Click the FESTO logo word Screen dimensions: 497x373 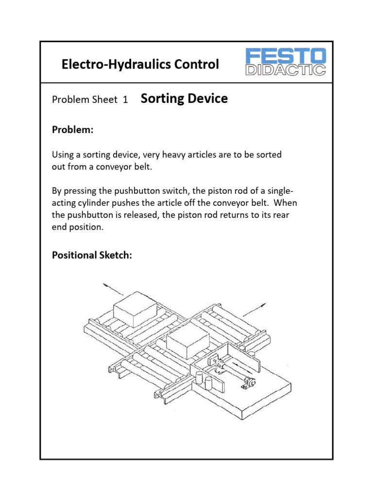pyautogui.click(x=286, y=55)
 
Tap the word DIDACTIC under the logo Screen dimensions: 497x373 pyautogui.click(x=286, y=70)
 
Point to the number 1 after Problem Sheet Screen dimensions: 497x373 pyautogui.click(x=125, y=100)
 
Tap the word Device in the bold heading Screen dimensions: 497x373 pyautogui.click(x=209, y=99)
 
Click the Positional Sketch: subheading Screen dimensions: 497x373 pyautogui.click(x=92, y=255)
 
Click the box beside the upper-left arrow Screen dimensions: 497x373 pyautogui.click(x=136, y=308)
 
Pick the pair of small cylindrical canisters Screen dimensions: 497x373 pyautogui.click(x=203, y=381)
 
